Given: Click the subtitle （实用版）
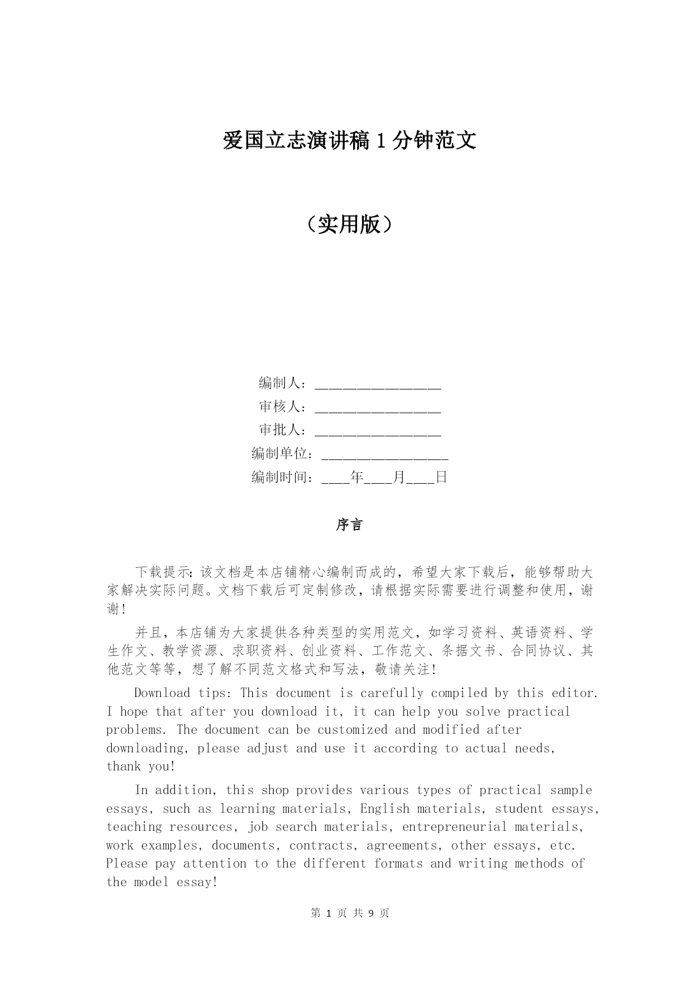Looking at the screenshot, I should (350, 225).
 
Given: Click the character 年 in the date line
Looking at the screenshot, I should (356, 478).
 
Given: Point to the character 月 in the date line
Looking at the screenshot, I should (399, 478).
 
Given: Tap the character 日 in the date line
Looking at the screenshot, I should (441, 478).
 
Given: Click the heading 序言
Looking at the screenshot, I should (350, 525).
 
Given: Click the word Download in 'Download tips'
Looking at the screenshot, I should (162, 693).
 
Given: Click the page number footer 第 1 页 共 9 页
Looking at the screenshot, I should (350, 913).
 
